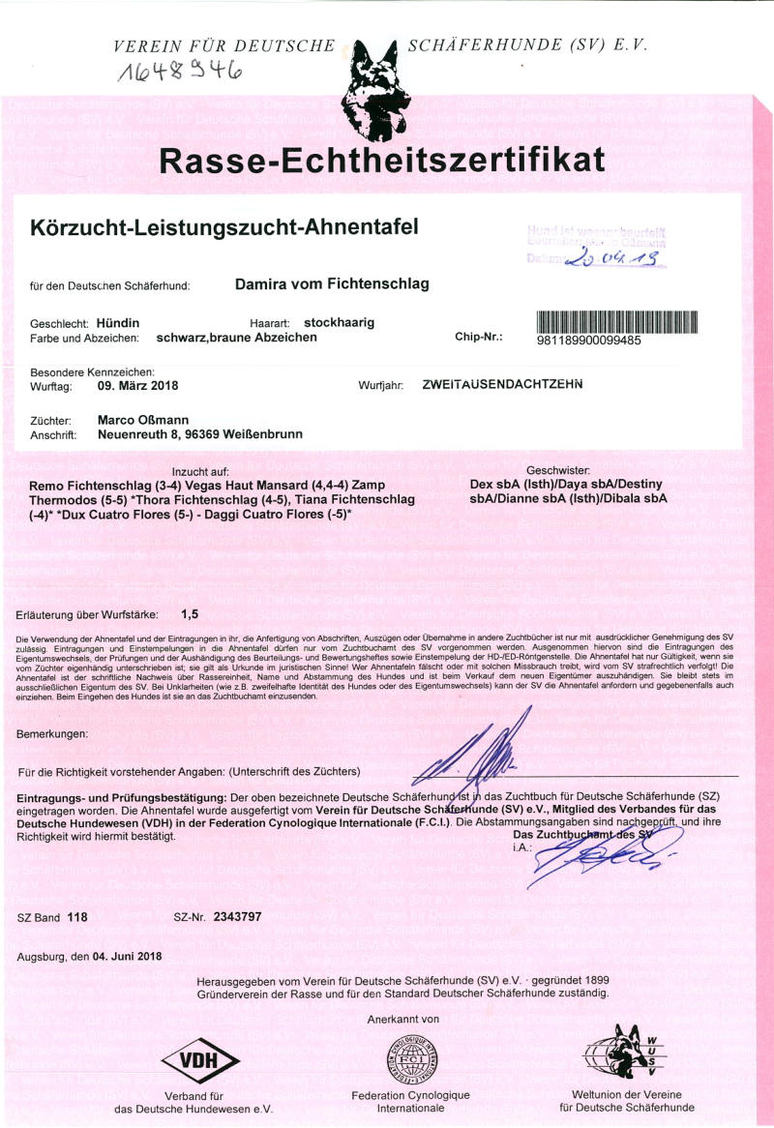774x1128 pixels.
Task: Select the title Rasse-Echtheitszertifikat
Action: [383, 160]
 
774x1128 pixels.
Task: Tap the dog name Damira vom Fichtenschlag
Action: [332, 284]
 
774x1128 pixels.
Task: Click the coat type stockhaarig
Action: [339, 322]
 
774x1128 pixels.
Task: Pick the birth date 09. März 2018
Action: [138, 385]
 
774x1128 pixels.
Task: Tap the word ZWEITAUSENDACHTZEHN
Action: [503, 385]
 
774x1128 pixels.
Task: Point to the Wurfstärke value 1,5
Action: [190, 613]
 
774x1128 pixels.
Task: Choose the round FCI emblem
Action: [410, 1059]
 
